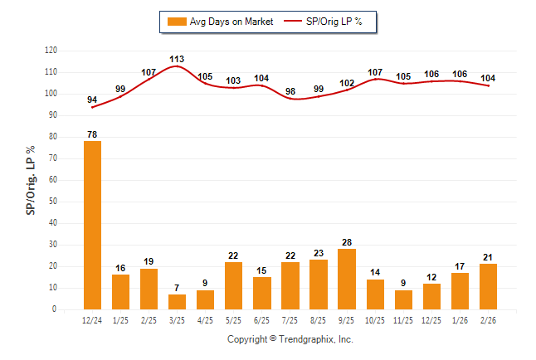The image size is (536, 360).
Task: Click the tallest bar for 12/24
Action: click(x=93, y=225)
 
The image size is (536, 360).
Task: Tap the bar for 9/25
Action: click(x=346, y=279)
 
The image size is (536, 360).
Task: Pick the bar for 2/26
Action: click(x=488, y=286)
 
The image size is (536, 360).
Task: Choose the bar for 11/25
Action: click(x=402, y=299)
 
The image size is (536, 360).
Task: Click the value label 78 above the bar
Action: click(x=93, y=134)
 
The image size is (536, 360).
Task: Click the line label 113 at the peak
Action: click(x=177, y=59)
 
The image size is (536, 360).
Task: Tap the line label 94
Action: click(x=92, y=100)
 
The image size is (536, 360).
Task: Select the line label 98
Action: click(x=290, y=91)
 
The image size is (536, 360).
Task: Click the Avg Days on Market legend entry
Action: click(x=219, y=21)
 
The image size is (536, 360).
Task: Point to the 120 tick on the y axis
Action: click(x=51, y=51)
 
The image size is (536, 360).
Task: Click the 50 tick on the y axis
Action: click(x=53, y=202)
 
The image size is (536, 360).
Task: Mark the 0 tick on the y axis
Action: click(x=55, y=309)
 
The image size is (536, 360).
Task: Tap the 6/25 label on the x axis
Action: click(x=261, y=319)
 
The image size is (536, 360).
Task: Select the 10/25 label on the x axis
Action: click(x=374, y=319)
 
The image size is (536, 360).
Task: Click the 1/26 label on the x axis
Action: click(x=460, y=319)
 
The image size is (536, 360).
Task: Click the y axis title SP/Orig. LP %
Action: click(x=31, y=180)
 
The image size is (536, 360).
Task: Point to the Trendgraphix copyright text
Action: click(x=290, y=339)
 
